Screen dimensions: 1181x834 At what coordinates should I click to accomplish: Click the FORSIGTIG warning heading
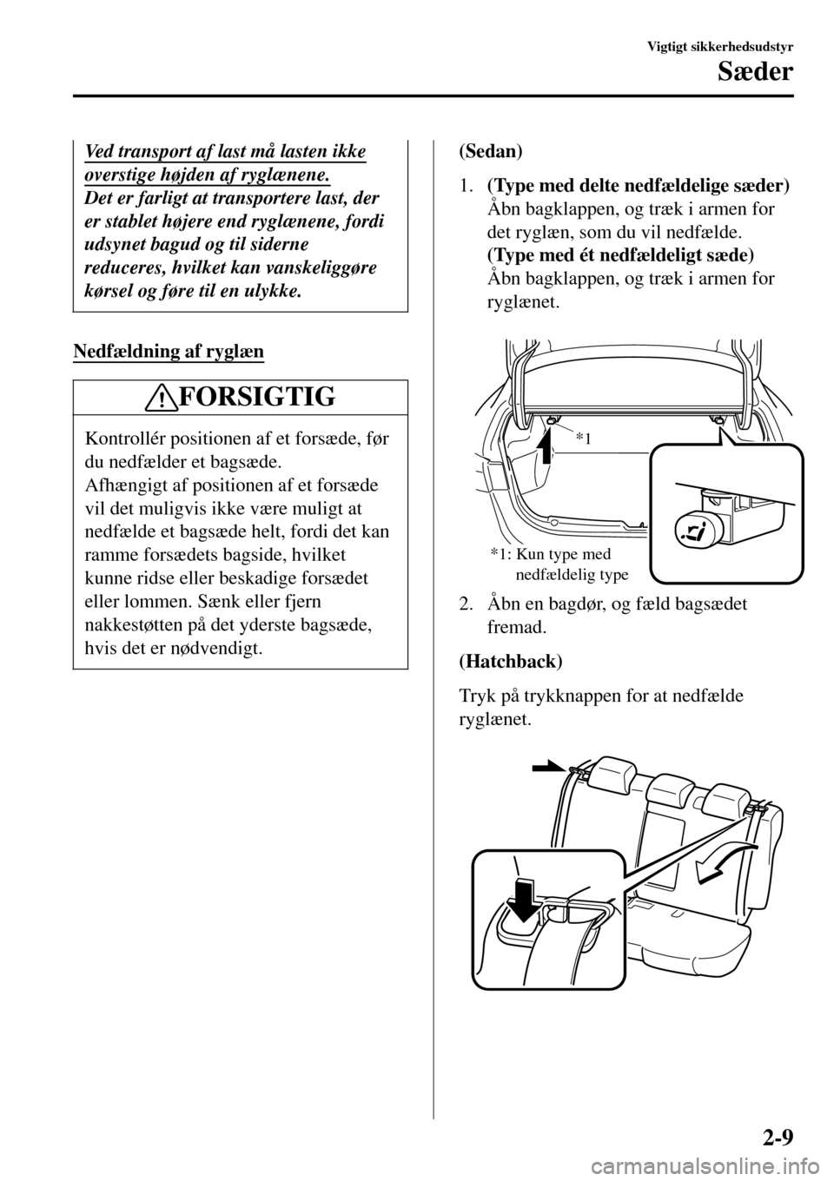[x=255, y=398]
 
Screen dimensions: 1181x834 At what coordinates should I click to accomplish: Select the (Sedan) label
[x=490, y=150]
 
